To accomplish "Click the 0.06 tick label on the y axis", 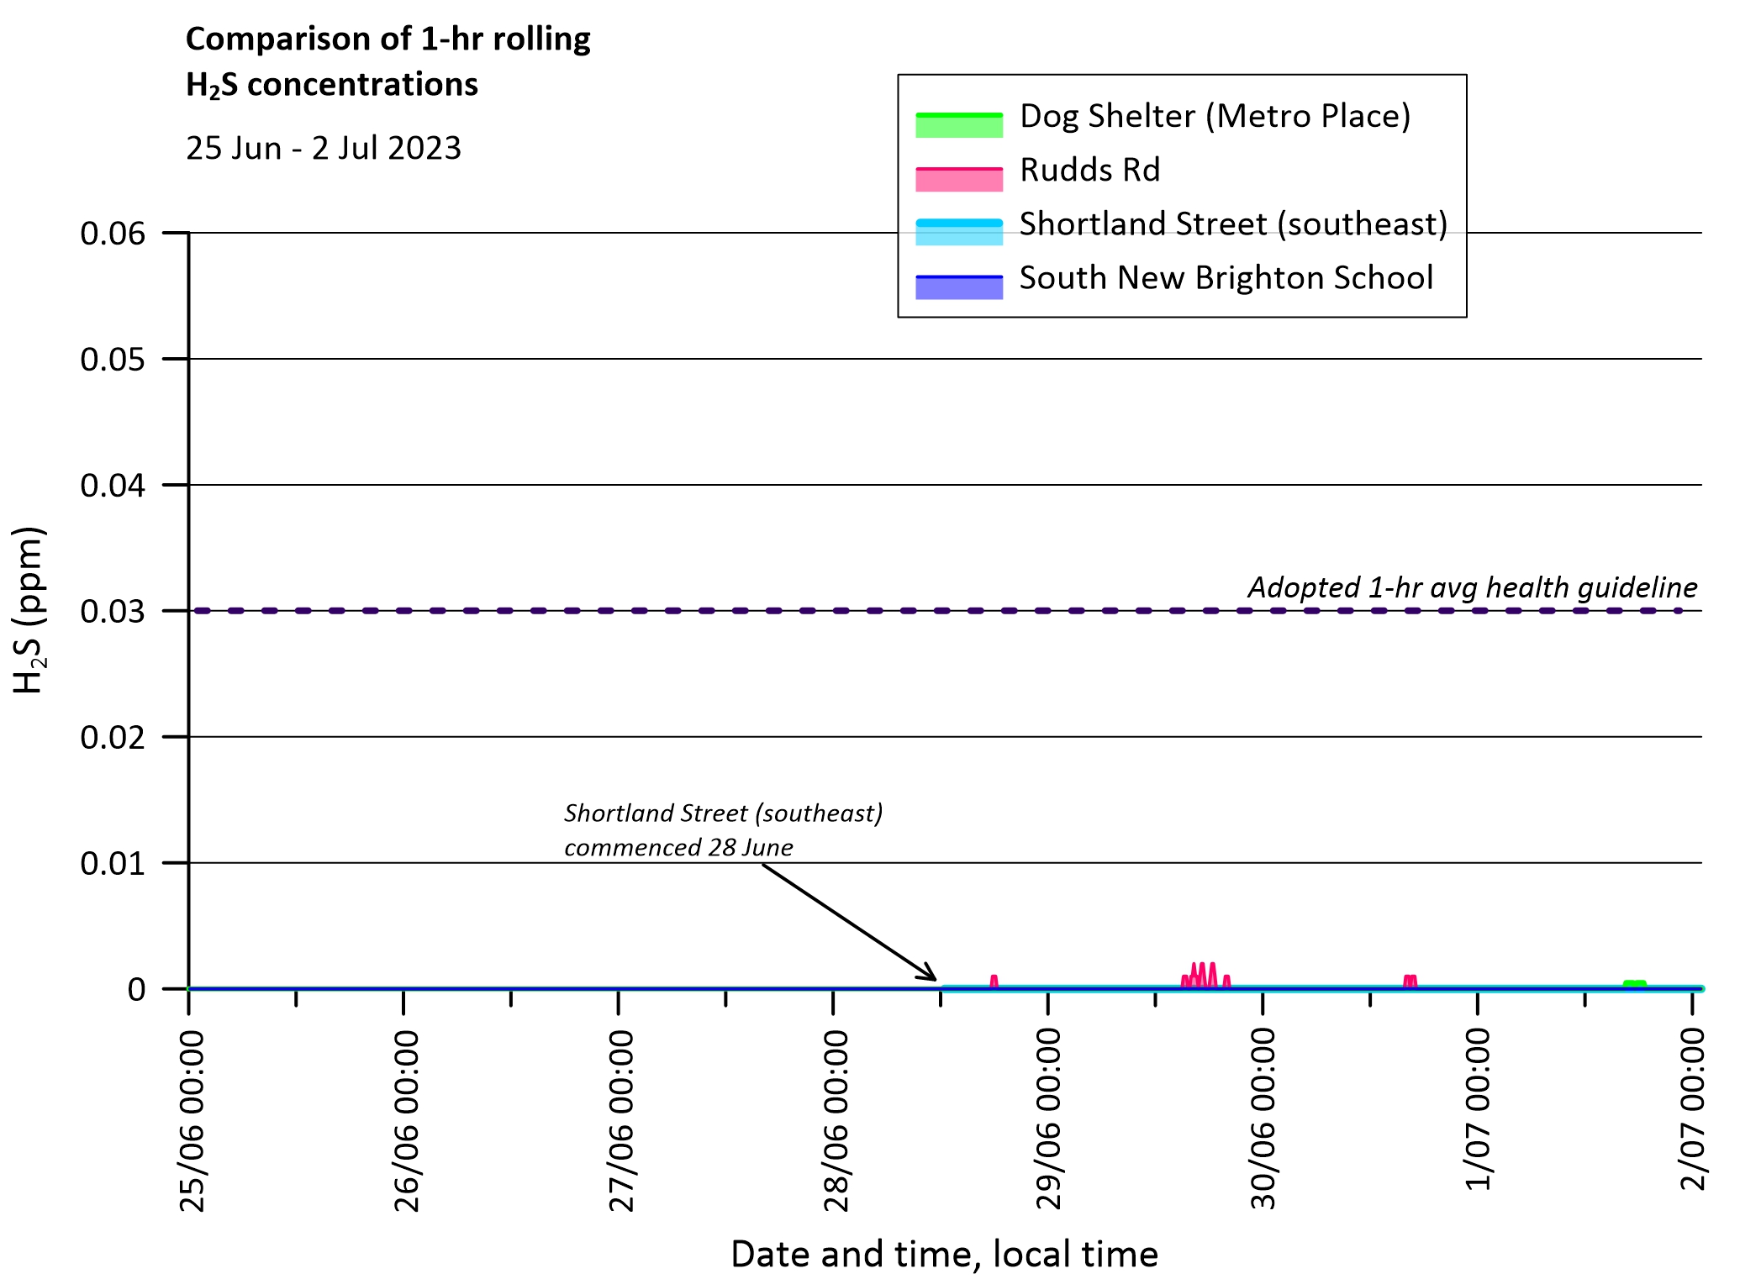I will (113, 234).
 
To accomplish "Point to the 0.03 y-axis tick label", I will (113, 612).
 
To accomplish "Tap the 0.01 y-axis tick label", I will (113, 864).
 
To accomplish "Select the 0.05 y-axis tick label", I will (113, 360).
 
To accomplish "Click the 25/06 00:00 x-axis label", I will (192, 1121).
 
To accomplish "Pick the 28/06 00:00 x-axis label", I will (836, 1121).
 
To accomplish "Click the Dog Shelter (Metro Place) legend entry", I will (1215, 117).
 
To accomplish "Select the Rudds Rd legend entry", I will (1089, 171).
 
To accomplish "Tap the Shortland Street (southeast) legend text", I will (1233, 224).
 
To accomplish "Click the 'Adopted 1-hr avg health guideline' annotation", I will (1472, 587).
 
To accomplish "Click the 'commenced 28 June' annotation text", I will (678, 847).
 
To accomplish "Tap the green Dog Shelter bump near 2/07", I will (1634, 983).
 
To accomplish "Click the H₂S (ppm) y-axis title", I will (29, 610).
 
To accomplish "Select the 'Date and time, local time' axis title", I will (944, 1254).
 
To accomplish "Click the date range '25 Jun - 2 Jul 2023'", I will (324, 149).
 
